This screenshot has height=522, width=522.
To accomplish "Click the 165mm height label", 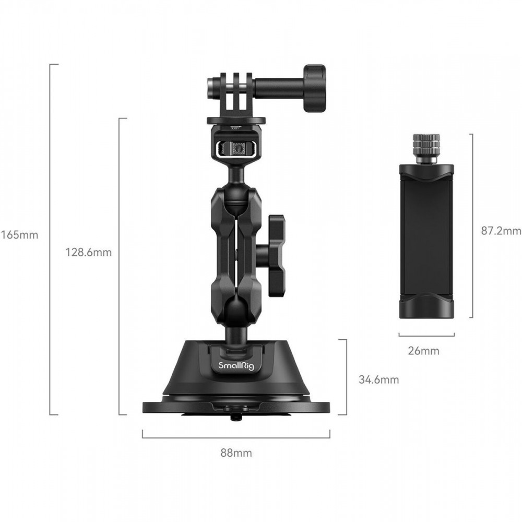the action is coord(19,235).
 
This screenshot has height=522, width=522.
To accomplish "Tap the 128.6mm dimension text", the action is coord(88,252).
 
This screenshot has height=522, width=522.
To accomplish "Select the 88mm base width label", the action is coord(236,453).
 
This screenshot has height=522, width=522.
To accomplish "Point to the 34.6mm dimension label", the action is coord(378,379).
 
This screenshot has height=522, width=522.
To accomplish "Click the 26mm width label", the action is coord(423,351).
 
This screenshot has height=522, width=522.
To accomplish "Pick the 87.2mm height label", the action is coord(501,231).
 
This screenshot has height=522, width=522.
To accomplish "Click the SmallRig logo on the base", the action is coord(236,365).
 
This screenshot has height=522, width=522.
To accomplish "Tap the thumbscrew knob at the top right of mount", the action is coord(315,88).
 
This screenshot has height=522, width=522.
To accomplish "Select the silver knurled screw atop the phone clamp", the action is coord(426,148).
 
